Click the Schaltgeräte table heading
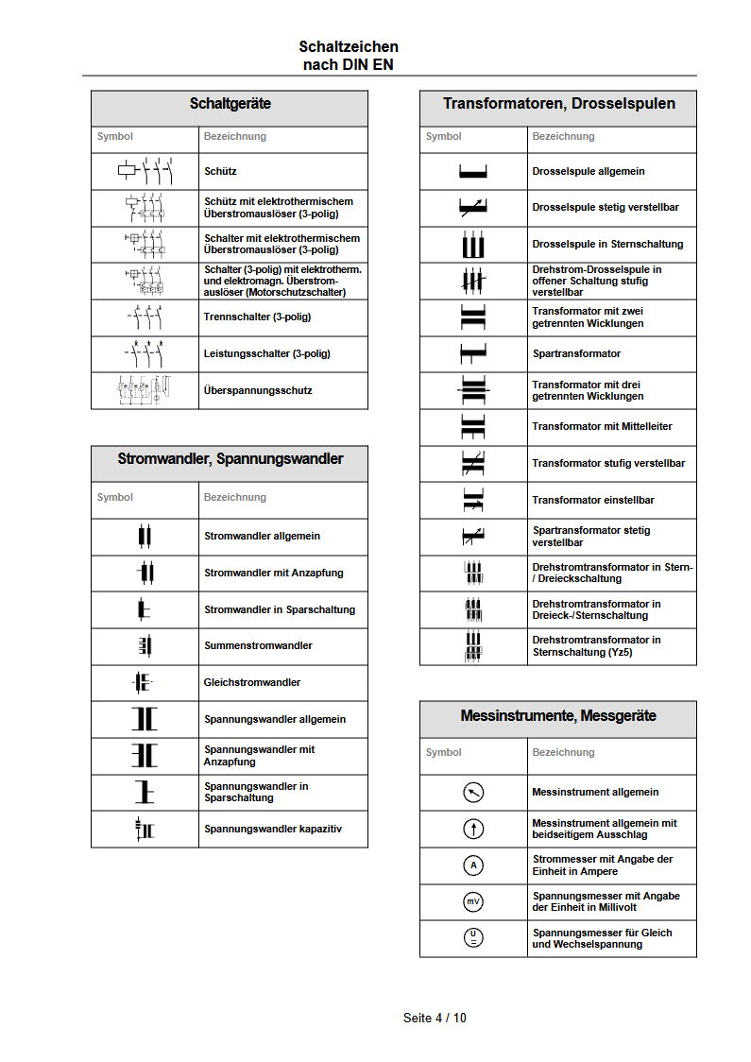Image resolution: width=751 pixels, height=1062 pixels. tap(230, 104)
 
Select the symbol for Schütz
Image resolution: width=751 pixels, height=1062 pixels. tap(145, 171)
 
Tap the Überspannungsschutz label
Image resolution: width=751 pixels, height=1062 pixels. tap(258, 390)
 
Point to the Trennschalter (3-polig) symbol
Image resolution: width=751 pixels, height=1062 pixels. tap(145, 317)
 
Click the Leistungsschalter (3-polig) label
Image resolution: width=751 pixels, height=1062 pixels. tap(267, 353)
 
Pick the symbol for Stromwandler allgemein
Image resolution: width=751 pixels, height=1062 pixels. tap(145, 536)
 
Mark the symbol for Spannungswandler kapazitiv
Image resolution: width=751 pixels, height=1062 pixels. tap(145, 829)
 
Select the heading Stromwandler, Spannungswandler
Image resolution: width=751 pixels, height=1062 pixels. tap(230, 459)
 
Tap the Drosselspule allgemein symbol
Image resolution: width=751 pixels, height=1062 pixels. tap(472, 171)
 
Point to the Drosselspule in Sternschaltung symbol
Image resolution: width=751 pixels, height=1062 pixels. tap(472, 244)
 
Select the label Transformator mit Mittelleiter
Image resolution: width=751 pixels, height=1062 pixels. tap(602, 426)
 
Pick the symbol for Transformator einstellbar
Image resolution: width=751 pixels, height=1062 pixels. tap(472, 500)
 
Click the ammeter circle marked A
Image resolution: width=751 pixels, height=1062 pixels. tap(473, 865)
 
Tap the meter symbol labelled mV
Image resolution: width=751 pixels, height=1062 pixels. tap(473, 901)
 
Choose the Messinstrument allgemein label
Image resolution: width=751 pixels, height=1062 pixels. tap(595, 792)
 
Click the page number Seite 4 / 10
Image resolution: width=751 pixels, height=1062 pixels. tap(435, 1018)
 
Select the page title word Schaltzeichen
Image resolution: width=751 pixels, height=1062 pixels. tap(349, 46)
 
